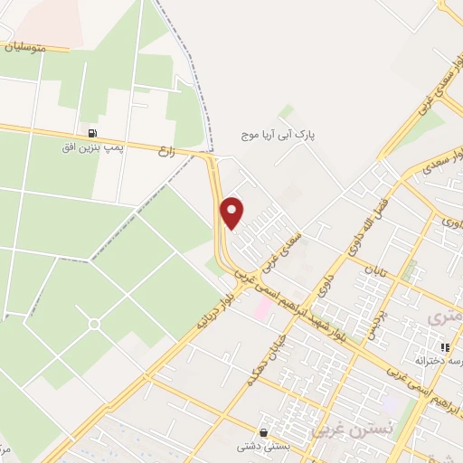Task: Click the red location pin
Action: point(232,213)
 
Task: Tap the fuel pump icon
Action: point(92,131)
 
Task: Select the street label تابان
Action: point(374,269)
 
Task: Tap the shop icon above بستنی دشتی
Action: point(263,433)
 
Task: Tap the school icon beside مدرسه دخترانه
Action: point(443,347)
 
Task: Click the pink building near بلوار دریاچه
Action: point(262,310)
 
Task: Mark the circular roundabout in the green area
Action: point(94,324)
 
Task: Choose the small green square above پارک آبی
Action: point(287,112)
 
